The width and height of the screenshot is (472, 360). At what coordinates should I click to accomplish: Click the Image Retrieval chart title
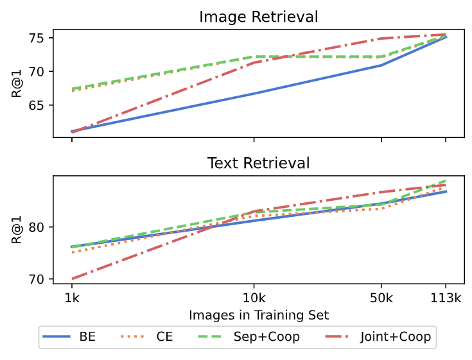pos(259,16)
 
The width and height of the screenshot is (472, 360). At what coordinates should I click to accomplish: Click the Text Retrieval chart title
pos(259,163)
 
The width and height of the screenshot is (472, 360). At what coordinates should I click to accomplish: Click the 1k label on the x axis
pos(71,299)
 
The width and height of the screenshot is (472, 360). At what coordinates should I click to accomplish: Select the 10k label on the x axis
pos(254,299)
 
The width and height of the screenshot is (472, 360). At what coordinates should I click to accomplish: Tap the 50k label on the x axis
pos(381,299)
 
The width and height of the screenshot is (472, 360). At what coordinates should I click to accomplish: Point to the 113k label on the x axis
pos(446,299)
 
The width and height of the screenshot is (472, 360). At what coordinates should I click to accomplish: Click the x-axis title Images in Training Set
pos(259,315)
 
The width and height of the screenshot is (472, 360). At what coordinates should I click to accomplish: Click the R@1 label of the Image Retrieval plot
pos(17,83)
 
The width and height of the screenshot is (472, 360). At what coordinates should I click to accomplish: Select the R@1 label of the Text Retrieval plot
pos(17,229)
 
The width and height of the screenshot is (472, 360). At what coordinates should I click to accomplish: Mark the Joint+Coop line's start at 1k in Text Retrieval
pos(72,279)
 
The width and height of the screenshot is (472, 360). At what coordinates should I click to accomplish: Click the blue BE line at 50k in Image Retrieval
pos(381,65)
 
